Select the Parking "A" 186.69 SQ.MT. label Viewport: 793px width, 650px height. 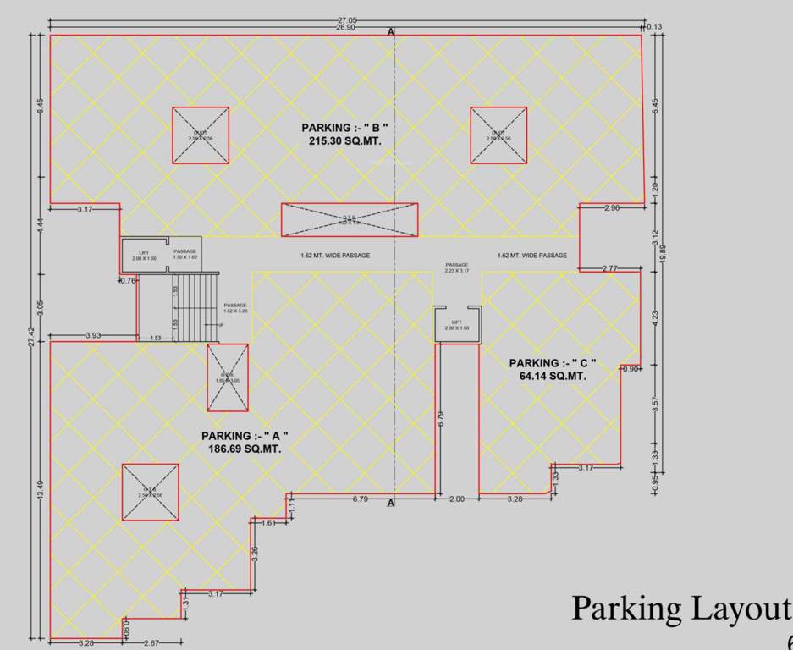point(245,442)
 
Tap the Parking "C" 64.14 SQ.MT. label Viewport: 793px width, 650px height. point(553,369)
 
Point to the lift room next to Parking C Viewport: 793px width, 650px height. point(457,324)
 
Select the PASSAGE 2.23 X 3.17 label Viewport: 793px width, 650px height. point(457,268)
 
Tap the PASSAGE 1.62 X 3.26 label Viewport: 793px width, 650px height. point(235,308)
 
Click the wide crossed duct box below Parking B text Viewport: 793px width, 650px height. point(349,220)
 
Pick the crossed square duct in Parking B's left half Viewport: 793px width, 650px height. point(201,135)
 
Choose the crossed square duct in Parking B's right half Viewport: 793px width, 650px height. point(498,135)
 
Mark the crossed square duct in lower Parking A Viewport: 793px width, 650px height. point(150,493)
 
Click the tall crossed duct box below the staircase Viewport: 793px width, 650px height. point(228,377)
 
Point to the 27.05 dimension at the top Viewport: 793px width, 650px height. point(345,19)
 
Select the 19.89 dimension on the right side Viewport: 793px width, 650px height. point(663,254)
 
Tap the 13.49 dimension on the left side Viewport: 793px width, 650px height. point(40,491)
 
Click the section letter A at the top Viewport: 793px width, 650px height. point(391,31)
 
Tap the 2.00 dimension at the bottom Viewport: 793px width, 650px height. point(456,499)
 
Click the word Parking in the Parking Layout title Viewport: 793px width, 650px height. point(625,608)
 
